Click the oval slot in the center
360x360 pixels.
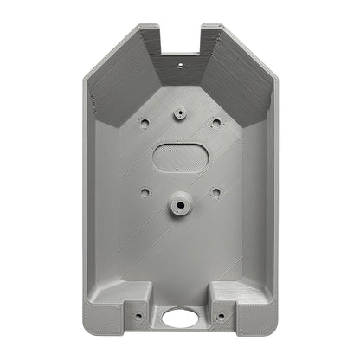coord(179,156)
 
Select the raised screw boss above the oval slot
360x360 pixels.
coord(179,112)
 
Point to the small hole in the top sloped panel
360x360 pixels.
coord(180,63)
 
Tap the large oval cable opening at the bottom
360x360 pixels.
coord(179,318)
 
